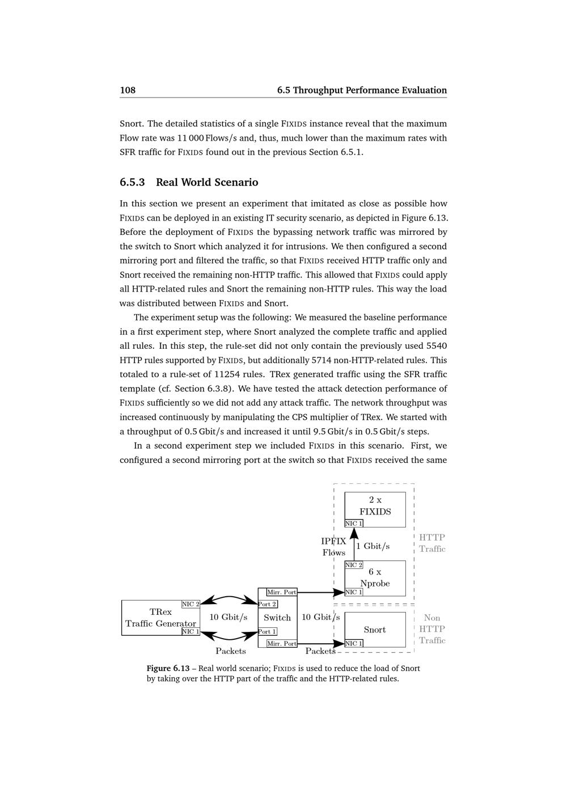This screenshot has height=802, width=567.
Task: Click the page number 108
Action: click(x=128, y=90)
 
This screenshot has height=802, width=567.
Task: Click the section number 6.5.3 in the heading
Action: click(x=132, y=183)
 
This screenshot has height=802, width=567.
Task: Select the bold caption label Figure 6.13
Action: click(x=168, y=669)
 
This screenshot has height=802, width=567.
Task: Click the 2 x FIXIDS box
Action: click(x=375, y=506)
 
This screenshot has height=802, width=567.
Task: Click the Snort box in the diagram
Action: click(x=375, y=630)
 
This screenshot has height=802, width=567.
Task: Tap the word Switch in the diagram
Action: click(x=277, y=618)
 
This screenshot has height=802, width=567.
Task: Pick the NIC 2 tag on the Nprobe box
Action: click(x=354, y=565)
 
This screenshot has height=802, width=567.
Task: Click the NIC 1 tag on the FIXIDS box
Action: click(x=354, y=524)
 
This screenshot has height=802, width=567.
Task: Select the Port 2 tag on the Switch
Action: click(x=268, y=604)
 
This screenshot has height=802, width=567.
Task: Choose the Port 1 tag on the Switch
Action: click(x=268, y=631)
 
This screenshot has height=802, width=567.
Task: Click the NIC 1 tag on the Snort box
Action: click(x=354, y=643)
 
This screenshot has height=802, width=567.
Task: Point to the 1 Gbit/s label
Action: click(x=373, y=546)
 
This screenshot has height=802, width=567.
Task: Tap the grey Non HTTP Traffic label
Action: click(x=432, y=629)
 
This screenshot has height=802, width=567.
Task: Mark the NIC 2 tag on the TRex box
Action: click(x=191, y=604)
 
